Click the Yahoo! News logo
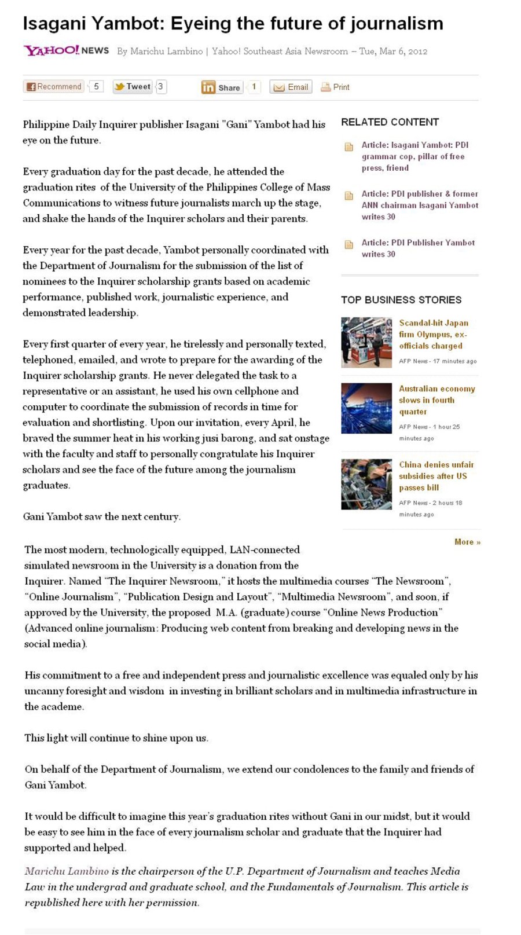pos(66,50)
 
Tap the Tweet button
pos(133,87)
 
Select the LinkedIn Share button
pos(221,87)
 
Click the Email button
pos(291,87)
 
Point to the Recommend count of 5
pos(96,86)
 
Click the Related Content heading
pos(390,122)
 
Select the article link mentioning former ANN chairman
pos(420,205)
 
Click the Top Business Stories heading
pos(401,300)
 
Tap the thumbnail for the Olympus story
pos(366,342)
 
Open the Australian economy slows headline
pos(436,400)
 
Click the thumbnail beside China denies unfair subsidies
pos(366,484)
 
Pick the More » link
pos(467,542)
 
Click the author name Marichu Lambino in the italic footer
pos(67,871)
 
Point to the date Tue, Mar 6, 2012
pos(393,51)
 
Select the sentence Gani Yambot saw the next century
pos(102,516)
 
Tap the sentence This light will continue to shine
pos(116,738)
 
